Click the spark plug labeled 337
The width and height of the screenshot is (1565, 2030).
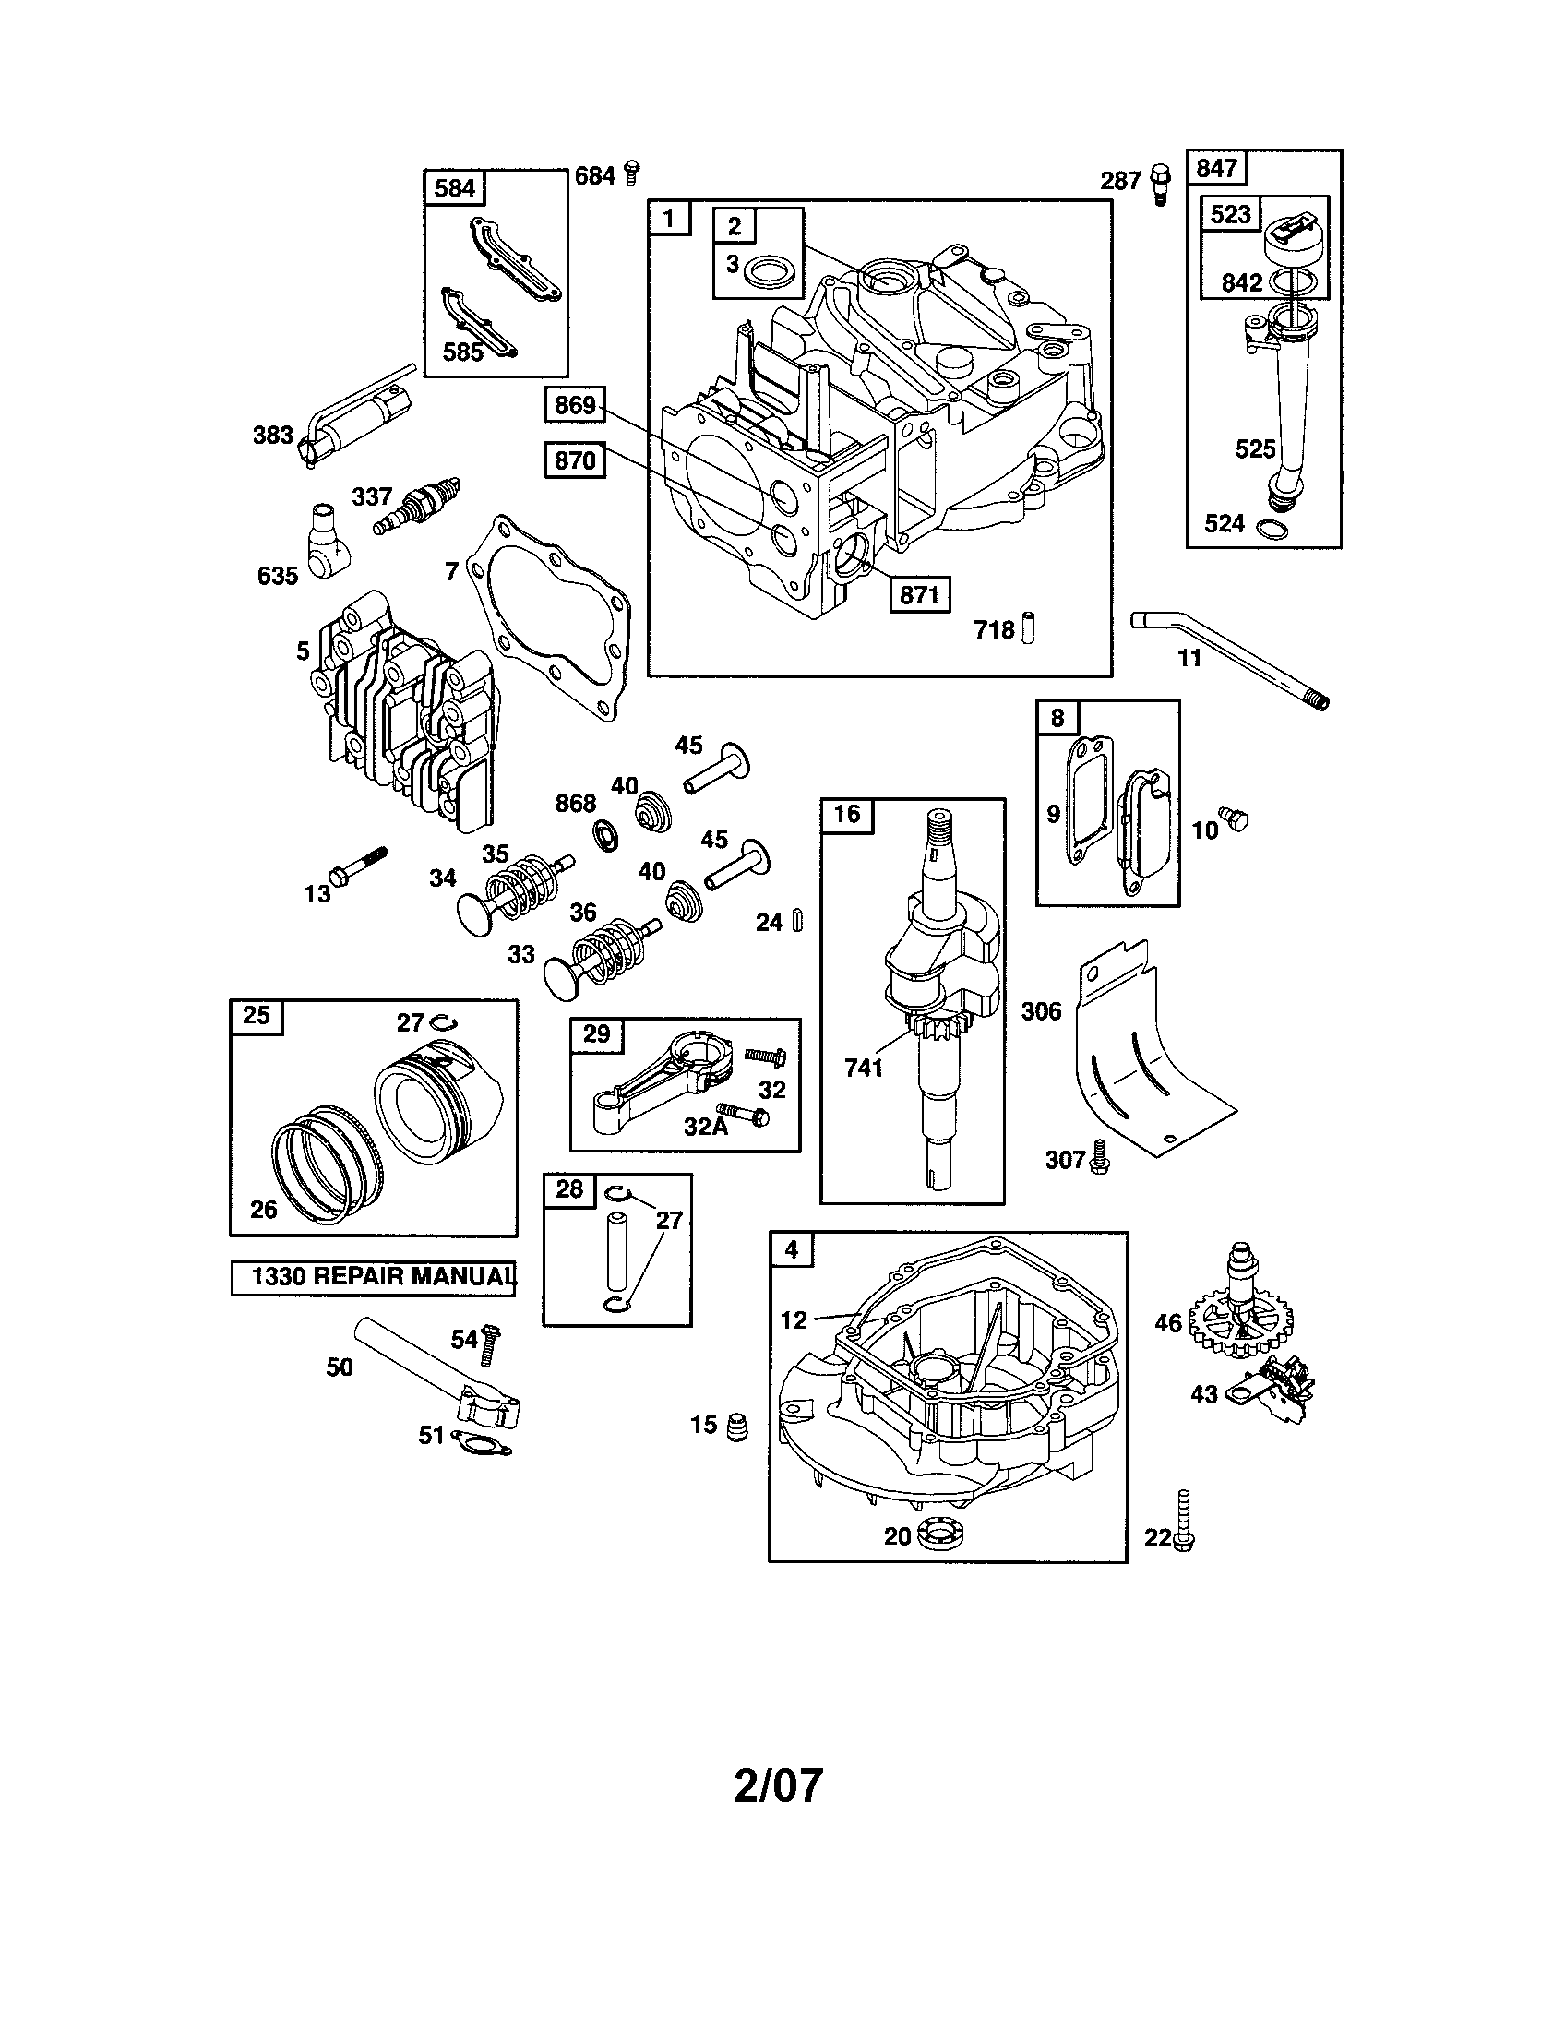[x=416, y=507]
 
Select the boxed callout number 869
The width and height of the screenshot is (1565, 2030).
[x=574, y=405]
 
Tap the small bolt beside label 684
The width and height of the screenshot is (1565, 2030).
[x=632, y=173]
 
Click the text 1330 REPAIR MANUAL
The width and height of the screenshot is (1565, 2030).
[x=374, y=1277]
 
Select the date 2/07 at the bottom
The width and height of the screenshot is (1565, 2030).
[x=779, y=1785]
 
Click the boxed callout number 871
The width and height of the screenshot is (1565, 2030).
[x=919, y=593]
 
